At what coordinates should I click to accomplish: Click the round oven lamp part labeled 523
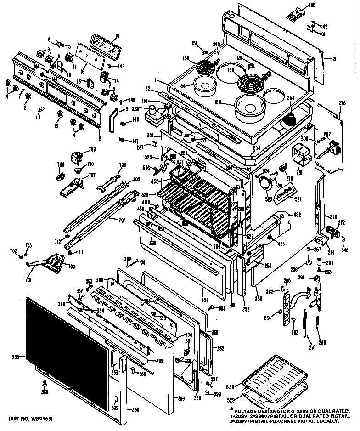[265, 183]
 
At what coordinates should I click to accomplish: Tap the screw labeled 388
[45, 382]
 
